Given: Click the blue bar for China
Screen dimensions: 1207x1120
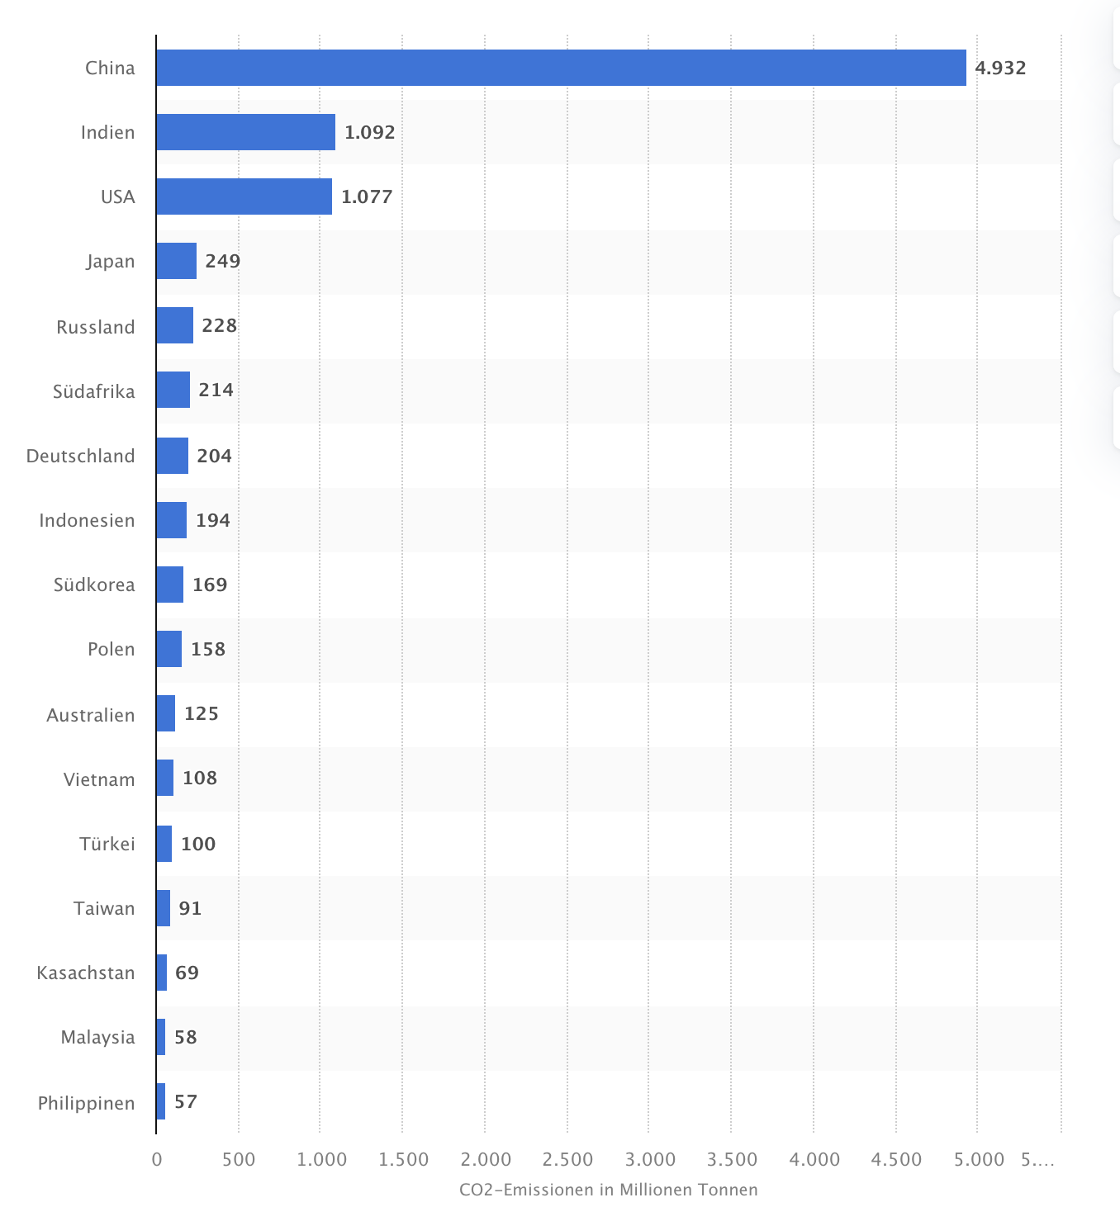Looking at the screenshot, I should coord(561,68).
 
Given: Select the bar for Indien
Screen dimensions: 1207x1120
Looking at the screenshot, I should coord(245,132).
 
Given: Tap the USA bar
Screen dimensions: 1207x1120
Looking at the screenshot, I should coord(244,196).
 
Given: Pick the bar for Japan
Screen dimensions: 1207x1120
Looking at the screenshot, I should coord(176,261).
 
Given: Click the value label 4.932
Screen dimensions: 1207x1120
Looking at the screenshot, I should coord(1000,68).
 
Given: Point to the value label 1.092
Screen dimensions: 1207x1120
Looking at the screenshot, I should coord(369,132).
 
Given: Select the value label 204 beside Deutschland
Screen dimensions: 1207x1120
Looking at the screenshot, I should coord(214,456).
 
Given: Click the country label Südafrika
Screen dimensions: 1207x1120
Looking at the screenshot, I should coord(94,391).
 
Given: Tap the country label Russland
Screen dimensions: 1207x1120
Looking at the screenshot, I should coord(96,327).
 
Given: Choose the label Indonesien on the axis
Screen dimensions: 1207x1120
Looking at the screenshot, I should coord(87,520).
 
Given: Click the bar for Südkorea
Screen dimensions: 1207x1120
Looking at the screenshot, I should coord(169,585).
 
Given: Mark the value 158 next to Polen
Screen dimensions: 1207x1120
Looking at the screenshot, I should coord(208,649).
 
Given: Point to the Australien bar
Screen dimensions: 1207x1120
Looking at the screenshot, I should coord(165,713).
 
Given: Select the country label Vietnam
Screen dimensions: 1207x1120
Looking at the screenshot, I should coord(99,779).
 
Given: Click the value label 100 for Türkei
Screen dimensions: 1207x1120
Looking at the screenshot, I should coord(198,844).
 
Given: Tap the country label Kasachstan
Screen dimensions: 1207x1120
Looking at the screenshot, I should coord(86,973).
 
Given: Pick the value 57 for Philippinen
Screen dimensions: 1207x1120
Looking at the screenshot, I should coord(186,1101).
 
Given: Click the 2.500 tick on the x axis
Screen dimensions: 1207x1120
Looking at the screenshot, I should coord(568,1160).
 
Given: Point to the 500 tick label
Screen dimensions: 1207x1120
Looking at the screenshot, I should coord(239,1160).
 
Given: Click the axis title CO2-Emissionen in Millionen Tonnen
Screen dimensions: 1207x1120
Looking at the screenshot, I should coord(609,1190).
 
